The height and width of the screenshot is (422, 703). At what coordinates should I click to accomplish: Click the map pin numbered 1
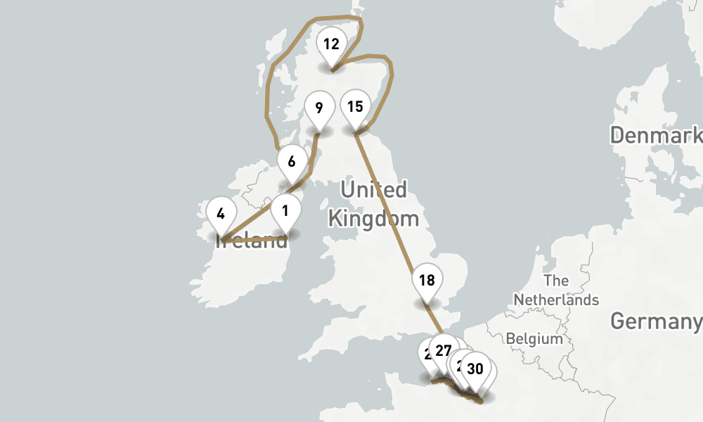[285, 211]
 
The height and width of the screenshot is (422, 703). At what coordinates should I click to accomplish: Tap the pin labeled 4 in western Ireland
[221, 213]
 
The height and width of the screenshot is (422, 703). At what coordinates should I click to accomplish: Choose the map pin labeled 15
[355, 107]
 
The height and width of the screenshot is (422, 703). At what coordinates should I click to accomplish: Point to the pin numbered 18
[427, 281]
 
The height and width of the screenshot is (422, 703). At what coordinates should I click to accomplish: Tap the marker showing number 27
[444, 350]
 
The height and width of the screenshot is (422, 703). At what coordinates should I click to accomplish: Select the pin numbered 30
[475, 369]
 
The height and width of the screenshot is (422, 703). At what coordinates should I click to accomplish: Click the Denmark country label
[656, 135]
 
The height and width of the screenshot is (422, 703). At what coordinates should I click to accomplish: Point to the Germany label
[656, 322]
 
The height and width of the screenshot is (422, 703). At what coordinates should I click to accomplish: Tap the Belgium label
[534, 339]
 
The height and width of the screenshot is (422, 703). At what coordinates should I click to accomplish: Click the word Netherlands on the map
[556, 300]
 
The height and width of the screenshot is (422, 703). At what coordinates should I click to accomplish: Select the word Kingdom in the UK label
[373, 218]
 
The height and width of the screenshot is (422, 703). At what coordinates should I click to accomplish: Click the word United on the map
[373, 190]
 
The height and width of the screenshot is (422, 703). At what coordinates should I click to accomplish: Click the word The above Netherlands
[556, 281]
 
